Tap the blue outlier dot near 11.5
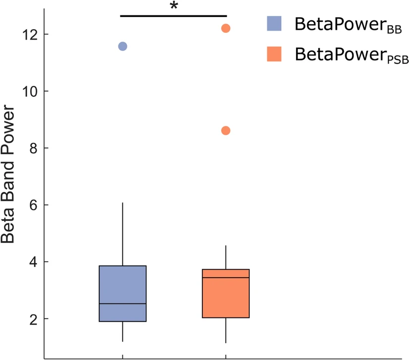(122, 46)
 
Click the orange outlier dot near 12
(226, 28)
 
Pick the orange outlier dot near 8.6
(226, 130)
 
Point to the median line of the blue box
(122, 303)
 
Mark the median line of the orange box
(226, 278)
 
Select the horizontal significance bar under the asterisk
(174, 16)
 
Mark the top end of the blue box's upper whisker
(122, 203)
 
